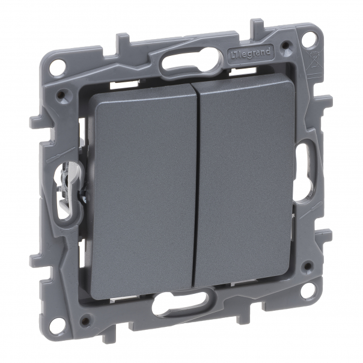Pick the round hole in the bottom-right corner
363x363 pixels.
coord(308,291)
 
